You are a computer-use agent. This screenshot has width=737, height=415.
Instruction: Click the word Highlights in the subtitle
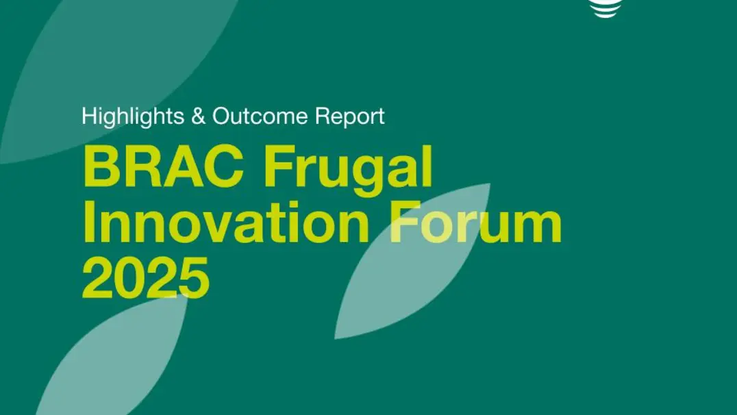tap(133, 116)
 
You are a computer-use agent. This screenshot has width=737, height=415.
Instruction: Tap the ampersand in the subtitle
tap(199, 116)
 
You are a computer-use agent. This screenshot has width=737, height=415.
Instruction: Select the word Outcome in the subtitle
tap(260, 116)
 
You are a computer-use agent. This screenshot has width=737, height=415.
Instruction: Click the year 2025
tap(146, 277)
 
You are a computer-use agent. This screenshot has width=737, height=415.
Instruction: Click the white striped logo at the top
tap(606, 8)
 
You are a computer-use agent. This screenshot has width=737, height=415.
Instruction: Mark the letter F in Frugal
tap(280, 166)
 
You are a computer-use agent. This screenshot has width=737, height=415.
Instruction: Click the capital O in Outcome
tap(222, 116)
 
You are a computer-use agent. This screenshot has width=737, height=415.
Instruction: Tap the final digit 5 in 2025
tap(194, 278)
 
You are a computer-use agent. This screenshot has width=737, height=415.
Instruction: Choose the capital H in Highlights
tap(88, 116)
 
